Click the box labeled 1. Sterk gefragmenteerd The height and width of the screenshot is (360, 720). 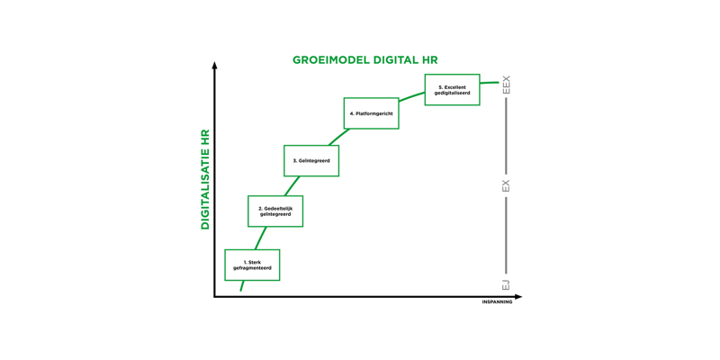tap(252, 265)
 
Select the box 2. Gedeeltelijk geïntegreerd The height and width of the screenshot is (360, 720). tap(275, 211)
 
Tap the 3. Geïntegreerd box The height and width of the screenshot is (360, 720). tap(311, 161)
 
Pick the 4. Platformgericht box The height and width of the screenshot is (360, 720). tap(371, 113)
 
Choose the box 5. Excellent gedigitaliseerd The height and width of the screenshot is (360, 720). tap(453, 89)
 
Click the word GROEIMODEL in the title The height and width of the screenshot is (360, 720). tap(329, 60)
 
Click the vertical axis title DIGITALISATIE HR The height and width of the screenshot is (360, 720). tap(205, 179)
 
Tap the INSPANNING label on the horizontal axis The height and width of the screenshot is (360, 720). tap(497, 302)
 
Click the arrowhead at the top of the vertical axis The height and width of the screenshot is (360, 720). tap(214, 65)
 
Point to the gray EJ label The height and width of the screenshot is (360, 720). tap(506, 284)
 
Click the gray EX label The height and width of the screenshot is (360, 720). tap(506, 186)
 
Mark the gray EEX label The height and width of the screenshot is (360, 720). tap(506, 85)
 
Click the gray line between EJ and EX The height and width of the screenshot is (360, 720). tap(506, 235)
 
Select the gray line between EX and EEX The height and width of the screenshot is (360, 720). tap(506, 137)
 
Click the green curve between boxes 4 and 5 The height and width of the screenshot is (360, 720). tap(411, 96)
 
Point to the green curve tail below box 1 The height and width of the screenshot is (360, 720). tap(241, 285)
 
